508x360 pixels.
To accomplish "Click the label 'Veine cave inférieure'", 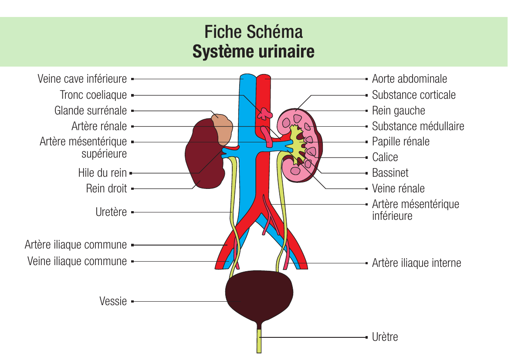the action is [x=82, y=79].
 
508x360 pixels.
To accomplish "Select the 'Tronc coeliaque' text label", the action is [x=93, y=95].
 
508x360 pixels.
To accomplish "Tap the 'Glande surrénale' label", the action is [x=90, y=111].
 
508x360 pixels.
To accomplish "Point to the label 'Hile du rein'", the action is [x=102, y=173].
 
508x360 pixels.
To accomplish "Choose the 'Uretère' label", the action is [x=111, y=212].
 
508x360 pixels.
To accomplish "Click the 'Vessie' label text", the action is [x=113, y=301].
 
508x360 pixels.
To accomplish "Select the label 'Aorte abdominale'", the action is [x=410, y=79].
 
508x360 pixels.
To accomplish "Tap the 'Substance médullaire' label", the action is [x=418, y=126].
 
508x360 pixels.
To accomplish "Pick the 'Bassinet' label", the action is [x=390, y=173].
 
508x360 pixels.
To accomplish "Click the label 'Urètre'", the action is [x=385, y=337].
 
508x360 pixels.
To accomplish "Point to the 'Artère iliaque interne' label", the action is [x=417, y=263].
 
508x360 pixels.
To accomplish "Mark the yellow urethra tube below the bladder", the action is [x=259, y=341].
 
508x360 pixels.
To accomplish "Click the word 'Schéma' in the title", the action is [x=274, y=32].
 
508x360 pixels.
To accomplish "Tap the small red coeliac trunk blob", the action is [x=265, y=114].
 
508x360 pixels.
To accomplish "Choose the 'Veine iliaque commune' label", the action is [x=77, y=261].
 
